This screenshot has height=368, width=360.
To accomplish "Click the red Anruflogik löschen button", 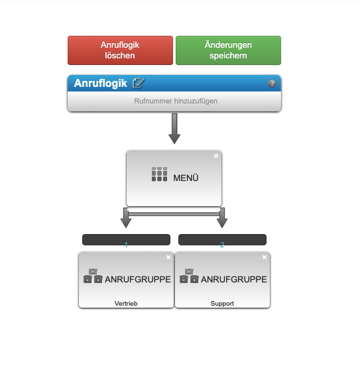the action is pos(120,50).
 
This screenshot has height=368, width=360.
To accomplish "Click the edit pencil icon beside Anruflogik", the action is pos(139,83).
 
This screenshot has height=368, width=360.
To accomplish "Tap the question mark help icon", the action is pos(272,84).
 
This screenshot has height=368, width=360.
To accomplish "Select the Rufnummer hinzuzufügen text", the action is pos(176,101).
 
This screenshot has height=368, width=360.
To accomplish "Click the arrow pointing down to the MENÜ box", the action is pos(174,129).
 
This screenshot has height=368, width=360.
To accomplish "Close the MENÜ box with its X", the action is pos(216,156).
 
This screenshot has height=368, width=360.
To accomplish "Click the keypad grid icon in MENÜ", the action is pos(159,174).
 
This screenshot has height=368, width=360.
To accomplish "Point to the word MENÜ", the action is pos(186,178).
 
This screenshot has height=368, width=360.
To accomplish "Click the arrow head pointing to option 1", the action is pos(126,223).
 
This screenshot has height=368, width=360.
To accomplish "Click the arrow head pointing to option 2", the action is pos(222,223).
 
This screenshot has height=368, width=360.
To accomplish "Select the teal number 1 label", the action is pos(126,245).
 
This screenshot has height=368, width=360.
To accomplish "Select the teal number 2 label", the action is pos(222,245).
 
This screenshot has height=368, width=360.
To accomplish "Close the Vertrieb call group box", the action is pos(168,257).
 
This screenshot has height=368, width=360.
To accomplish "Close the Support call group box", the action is pos(265,257).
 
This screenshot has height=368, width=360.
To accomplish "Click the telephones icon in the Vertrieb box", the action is pos(93,276).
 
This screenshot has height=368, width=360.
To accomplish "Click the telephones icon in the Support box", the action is pos(189,276).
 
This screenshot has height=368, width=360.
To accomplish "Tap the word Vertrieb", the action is pos(126,304).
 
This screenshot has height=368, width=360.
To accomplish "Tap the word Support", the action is pos(222,304).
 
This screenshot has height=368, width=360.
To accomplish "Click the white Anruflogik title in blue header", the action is pos(101,83).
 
